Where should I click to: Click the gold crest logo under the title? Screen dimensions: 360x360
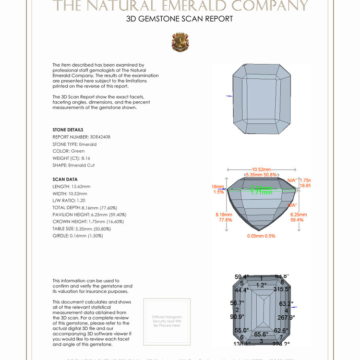pos(180,42)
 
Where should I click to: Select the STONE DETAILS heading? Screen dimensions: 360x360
pos(68,130)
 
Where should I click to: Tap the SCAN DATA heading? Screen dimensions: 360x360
pos(65,180)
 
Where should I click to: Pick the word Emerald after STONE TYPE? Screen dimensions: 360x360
pos(88,144)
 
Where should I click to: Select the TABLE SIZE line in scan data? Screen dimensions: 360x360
pos(78,228)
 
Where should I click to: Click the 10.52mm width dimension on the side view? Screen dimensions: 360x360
pos(261,169)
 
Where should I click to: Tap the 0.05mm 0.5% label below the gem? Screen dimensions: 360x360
pos(261,236)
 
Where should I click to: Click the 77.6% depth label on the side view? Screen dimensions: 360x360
pos(226,220)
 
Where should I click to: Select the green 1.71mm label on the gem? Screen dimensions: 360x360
pos(261,191)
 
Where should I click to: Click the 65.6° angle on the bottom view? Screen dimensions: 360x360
pos(261,334)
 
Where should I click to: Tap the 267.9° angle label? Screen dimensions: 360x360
pos(286,317)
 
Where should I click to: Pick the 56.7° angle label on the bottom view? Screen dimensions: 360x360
pos(237,303)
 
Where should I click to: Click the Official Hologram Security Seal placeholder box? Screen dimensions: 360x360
pos(167,321)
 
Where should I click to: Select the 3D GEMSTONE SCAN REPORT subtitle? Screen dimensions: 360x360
pos(180,19)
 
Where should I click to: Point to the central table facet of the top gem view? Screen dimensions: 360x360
pos(262,98)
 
